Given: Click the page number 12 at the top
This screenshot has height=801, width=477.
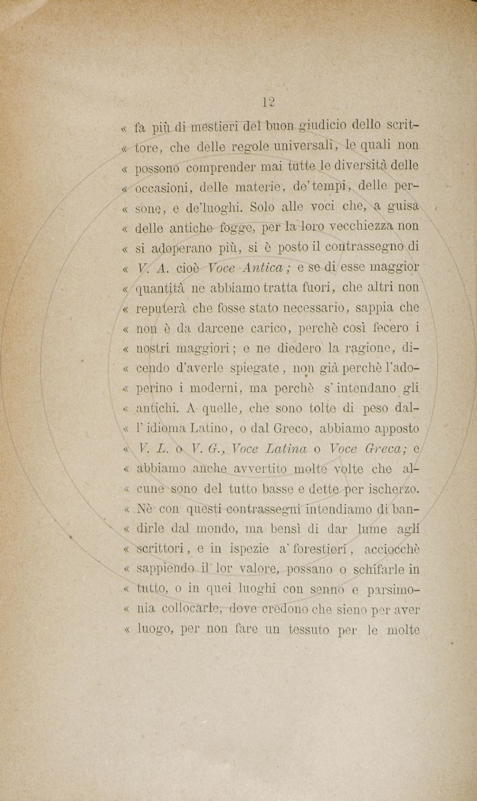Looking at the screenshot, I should coord(268,102).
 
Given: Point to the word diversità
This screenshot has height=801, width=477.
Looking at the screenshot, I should coord(366,166).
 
